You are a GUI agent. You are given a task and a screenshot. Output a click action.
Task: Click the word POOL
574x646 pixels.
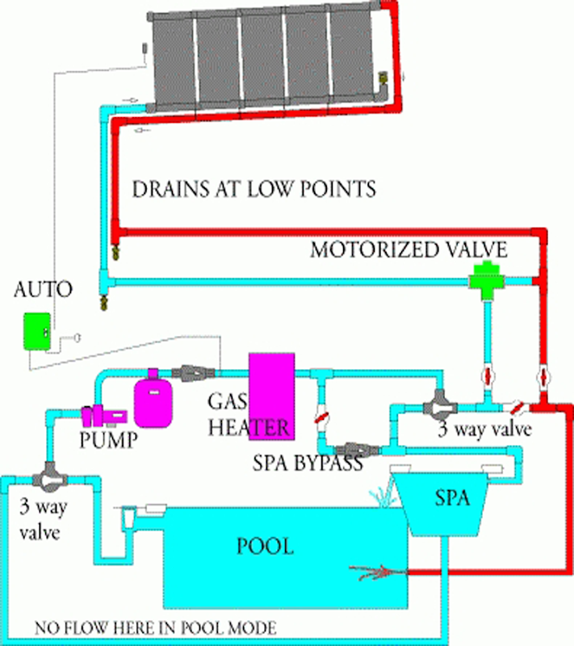[264, 546]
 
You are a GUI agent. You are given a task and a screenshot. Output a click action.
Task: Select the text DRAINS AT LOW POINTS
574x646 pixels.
[253, 190]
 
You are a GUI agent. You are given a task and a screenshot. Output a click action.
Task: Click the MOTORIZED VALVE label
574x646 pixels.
[409, 250]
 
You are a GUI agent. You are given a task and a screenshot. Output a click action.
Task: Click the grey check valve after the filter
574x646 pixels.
[196, 372]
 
